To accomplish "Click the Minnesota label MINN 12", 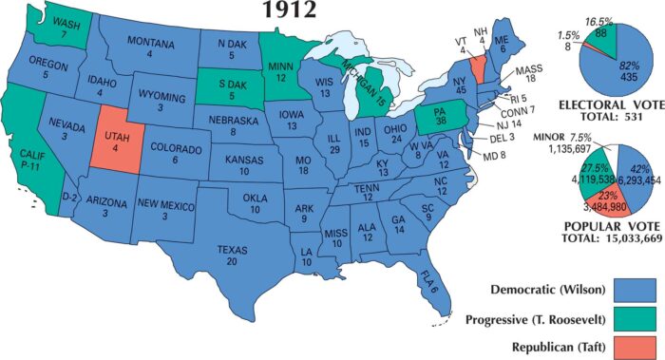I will pos(278,71).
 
